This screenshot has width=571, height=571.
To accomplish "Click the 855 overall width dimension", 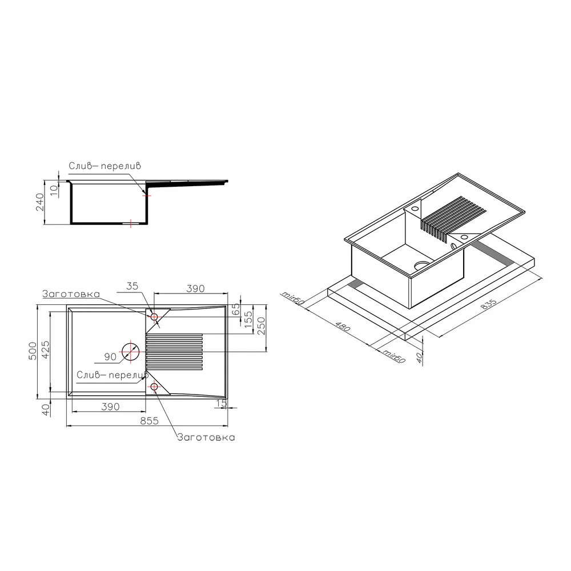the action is tap(149, 421).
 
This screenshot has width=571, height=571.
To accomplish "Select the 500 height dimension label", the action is tap(33, 351).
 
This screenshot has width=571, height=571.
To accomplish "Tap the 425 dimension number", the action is tap(46, 349).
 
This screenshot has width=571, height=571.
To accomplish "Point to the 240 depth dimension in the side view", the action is tap(40, 202).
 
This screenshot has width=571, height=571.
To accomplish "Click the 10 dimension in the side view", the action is tap(54, 191).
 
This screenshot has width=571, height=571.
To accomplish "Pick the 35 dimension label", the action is tap(132, 286).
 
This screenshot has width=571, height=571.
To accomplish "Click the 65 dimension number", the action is tap(236, 309).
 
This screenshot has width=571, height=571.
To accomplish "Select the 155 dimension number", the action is tap(248, 319).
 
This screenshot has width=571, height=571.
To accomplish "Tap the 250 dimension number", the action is tap(262, 326).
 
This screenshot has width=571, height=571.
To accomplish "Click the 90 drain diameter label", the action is tap(110, 357).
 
